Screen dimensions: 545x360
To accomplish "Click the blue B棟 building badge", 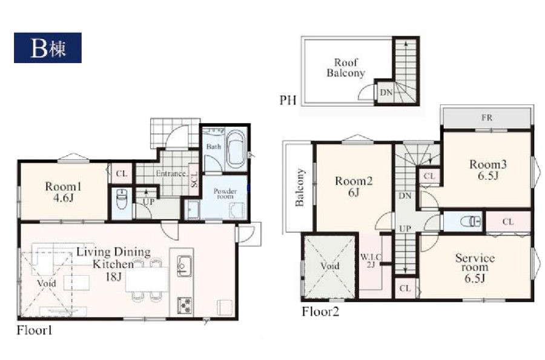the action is (48, 48).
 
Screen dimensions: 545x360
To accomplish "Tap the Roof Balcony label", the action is (346, 68).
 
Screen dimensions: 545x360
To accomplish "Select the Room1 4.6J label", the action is (63, 192).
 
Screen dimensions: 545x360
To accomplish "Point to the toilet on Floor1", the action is (122, 199).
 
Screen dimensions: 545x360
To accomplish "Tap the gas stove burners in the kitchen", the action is (185, 305).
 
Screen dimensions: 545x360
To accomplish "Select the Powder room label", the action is (225, 193).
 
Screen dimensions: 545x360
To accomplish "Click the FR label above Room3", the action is (487, 118).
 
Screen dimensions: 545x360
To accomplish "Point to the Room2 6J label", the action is (354, 187).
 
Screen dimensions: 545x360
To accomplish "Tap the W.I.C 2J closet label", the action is (371, 261).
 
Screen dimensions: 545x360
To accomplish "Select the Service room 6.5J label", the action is (475, 268).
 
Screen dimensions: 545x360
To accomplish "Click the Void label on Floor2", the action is (330, 267).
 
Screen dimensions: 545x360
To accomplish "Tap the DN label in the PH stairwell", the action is (386, 93).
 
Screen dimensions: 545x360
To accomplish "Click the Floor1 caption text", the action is (35, 330).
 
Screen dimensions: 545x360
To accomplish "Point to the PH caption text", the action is (288, 101).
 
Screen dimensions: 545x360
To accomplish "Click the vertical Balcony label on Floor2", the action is (300, 187).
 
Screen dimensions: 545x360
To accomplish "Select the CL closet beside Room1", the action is (121, 173).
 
